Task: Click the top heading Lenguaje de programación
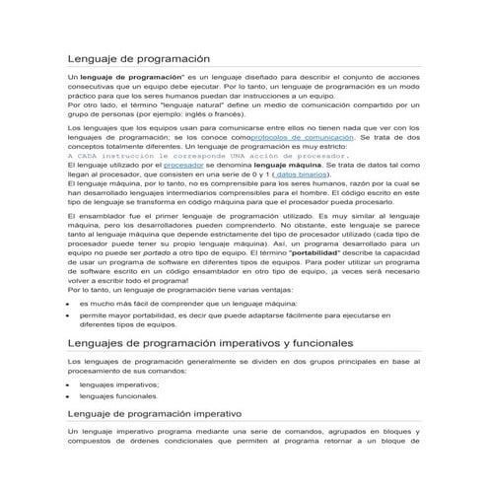(139, 59)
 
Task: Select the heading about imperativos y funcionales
(210, 342)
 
